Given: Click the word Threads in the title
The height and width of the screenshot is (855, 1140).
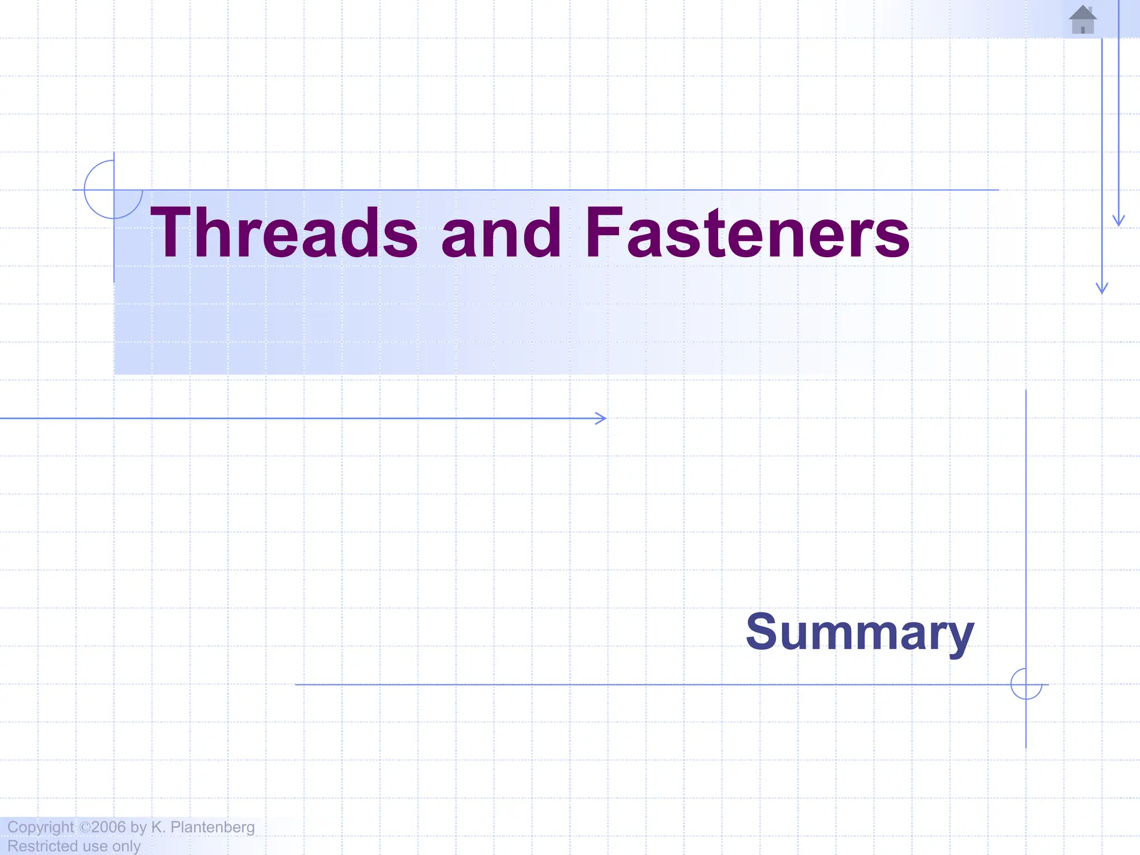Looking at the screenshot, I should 283,233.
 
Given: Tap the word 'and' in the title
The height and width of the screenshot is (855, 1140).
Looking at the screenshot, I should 501,233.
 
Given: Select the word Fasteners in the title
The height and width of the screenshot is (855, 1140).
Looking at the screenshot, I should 747,233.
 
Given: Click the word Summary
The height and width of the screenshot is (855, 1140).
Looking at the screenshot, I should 859,632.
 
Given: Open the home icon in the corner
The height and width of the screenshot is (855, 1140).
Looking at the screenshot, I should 1083,20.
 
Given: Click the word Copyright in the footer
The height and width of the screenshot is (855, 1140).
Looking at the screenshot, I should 40,827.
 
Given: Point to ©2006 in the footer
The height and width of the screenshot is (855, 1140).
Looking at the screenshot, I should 102,827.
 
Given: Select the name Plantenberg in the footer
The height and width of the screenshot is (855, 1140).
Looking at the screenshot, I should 212,827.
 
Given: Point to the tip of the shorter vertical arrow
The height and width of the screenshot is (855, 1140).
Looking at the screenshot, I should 1119,223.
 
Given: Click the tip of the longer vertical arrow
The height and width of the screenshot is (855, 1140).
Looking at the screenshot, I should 1102,290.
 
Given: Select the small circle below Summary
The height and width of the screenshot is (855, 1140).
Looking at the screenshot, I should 1026,684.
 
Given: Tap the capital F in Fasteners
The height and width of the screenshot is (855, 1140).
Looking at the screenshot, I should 604,233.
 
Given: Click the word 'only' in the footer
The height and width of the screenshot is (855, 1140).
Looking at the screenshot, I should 126,846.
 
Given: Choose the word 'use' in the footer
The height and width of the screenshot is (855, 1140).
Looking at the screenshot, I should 95,846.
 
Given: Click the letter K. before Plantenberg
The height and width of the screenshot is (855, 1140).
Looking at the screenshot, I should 158,827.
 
